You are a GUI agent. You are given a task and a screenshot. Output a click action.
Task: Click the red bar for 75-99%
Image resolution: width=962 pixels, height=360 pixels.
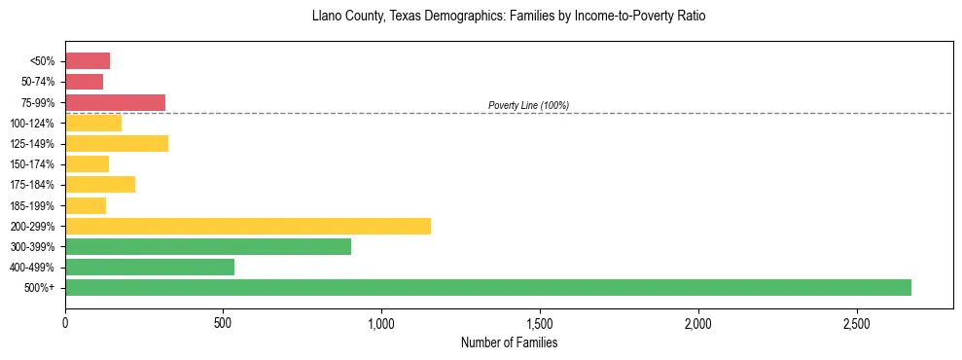pos(115,102)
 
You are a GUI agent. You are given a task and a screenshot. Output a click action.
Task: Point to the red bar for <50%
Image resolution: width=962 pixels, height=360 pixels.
pos(88,61)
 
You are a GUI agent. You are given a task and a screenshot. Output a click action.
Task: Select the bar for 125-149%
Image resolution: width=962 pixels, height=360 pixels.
pos(117,143)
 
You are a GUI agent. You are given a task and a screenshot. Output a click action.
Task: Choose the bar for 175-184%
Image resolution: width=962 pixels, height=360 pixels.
pos(100,184)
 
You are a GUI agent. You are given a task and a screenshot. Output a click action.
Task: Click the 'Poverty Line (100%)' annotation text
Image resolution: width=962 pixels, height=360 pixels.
pos(528,105)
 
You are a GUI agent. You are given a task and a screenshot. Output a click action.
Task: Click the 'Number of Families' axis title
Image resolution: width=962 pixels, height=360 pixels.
pos(509,342)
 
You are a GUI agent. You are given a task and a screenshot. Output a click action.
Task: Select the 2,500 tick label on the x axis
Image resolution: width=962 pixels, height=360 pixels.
pos(857,322)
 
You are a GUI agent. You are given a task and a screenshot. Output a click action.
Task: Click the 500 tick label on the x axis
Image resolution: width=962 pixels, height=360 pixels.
pos(224,322)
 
